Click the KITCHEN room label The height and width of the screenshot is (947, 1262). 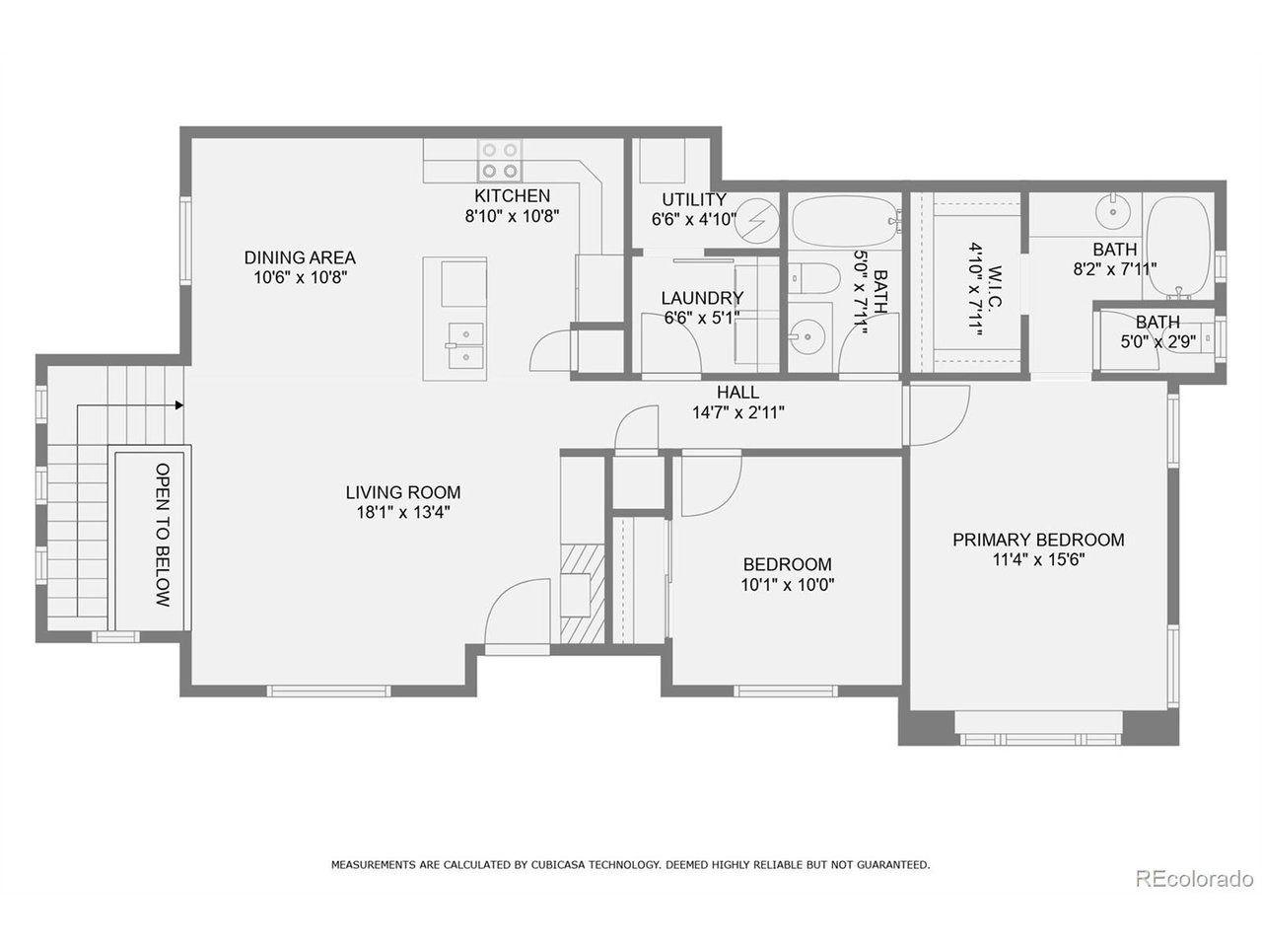click(x=512, y=196)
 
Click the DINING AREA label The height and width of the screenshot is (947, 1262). click(x=300, y=257)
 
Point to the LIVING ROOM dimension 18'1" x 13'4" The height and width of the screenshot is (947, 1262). click(x=402, y=512)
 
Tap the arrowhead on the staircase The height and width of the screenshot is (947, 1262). click(x=179, y=404)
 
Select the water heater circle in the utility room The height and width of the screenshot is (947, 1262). click(x=758, y=218)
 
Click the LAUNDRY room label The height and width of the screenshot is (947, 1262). click(x=702, y=298)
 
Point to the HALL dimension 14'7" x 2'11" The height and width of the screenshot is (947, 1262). click(x=738, y=412)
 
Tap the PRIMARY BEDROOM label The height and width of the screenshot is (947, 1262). click(x=1038, y=540)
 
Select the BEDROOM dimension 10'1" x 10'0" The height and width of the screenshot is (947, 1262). click(x=787, y=583)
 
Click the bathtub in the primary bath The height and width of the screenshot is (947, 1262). click(x=1180, y=248)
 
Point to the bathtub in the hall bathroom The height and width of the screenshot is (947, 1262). click(x=843, y=221)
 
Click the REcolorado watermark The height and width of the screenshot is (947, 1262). click(x=1193, y=878)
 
